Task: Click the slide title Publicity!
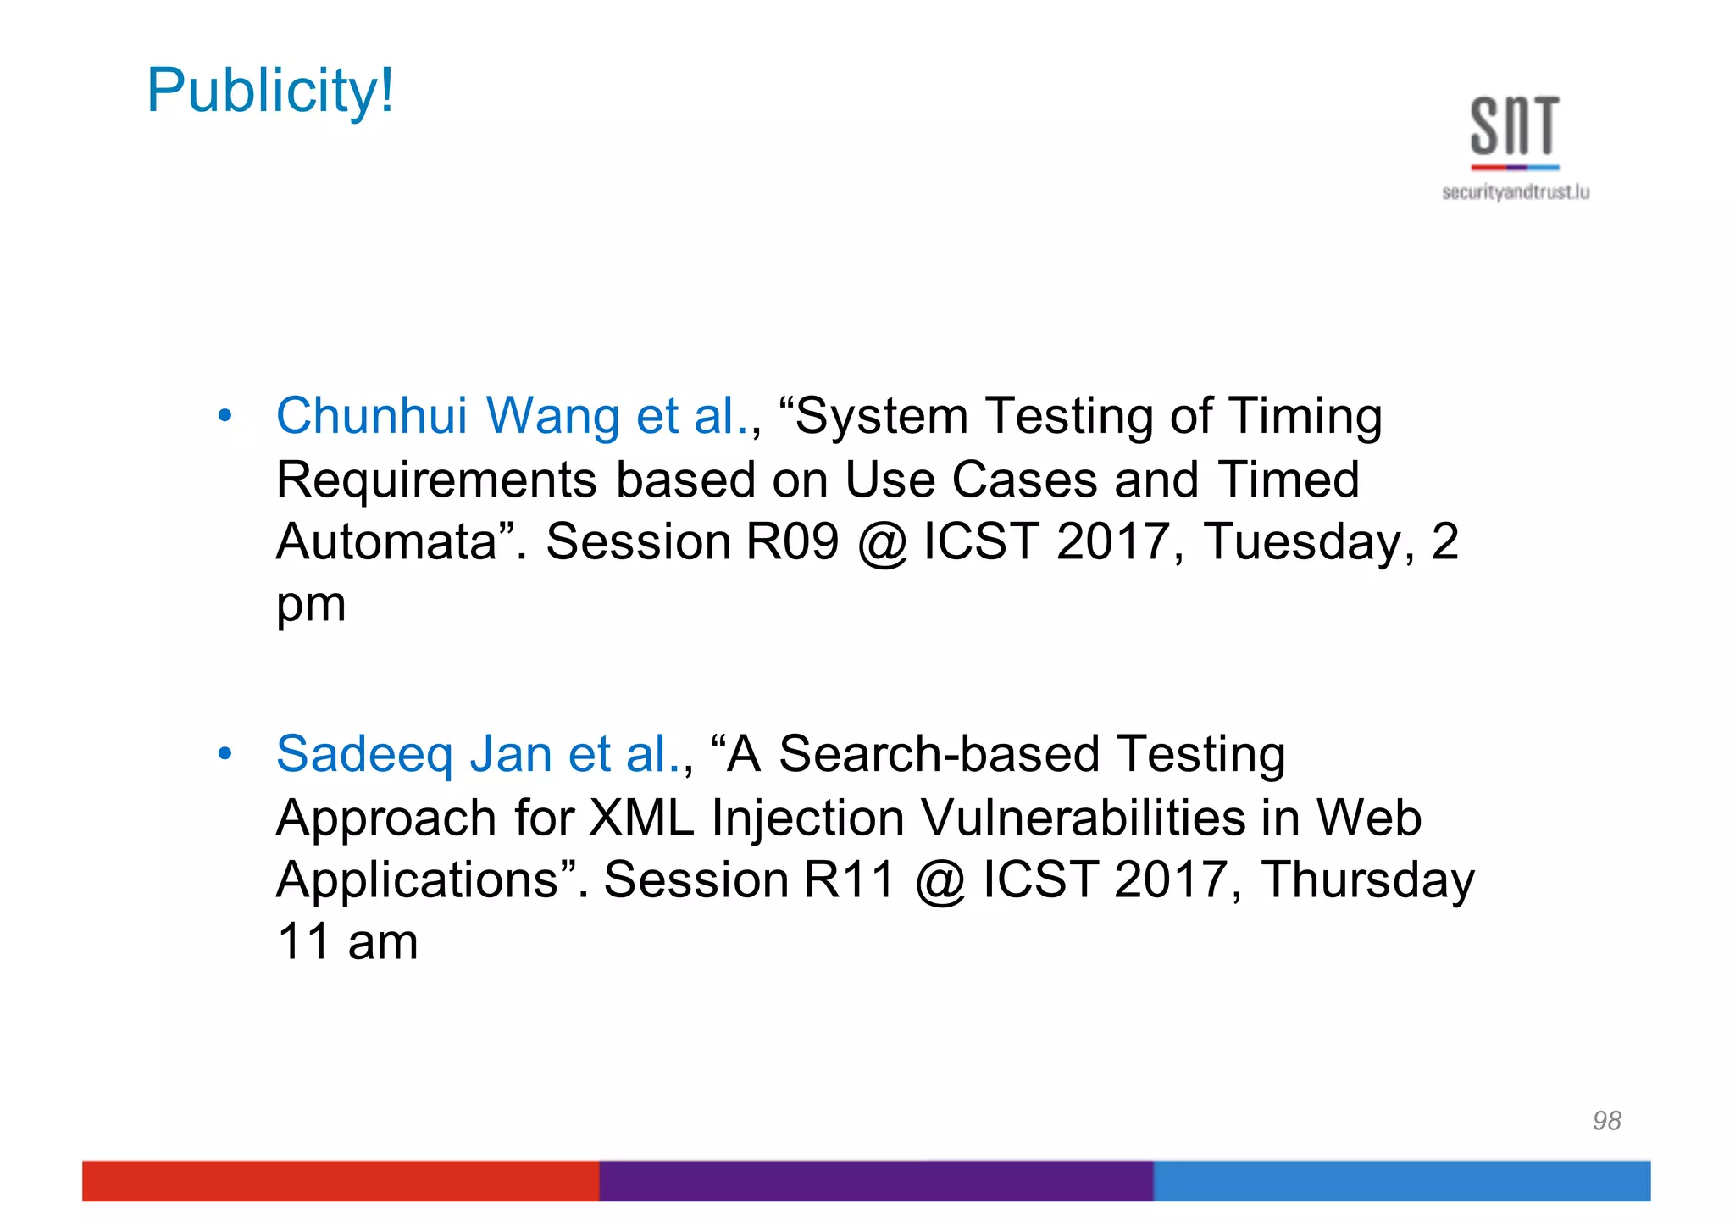tap(269, 91)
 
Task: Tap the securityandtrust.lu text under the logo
tap(1515, 192)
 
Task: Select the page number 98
tap(1606, 1120)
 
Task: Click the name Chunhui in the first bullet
tap(371, 416)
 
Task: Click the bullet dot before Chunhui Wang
tap(224, 416)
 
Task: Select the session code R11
tap(849, 879)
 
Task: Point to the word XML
tap(640, 818)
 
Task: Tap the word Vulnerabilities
tap(1082, 818)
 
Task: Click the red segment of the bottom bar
tap(340, 1180)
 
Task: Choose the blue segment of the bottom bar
tap(1401, 1180)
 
